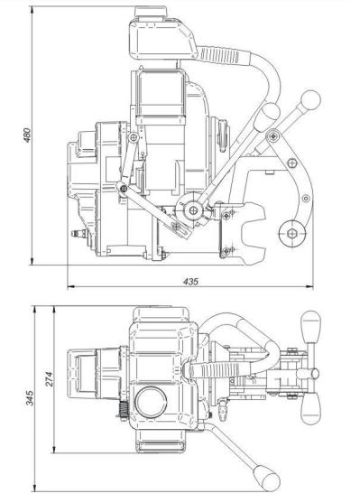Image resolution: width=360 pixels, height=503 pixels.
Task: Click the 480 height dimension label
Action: pos(28,135)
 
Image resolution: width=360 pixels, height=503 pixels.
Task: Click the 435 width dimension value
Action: pos(190,282)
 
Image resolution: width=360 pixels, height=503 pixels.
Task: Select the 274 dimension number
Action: pos(48,379)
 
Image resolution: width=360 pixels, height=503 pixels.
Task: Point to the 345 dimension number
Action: pos(30,397)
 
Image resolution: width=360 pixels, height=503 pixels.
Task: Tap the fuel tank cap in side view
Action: pos(151,12)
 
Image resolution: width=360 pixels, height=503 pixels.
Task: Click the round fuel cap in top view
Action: pos(151,402)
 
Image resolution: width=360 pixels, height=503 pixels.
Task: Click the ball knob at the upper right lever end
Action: pos(310,99)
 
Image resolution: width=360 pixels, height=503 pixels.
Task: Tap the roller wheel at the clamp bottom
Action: pos(291,233)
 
